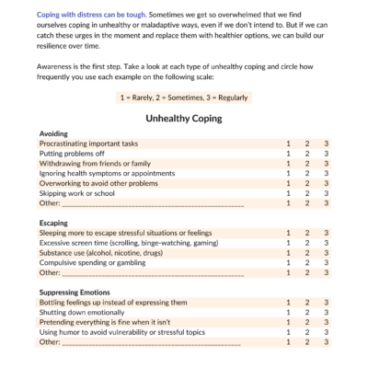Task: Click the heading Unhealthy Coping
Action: pos(184,119)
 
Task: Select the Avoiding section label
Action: pos(54,133)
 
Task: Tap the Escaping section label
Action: pos(54,223)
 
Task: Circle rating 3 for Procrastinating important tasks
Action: pos(327,144)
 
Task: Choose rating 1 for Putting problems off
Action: pos(288,154)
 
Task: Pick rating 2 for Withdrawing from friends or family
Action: pos(307,163)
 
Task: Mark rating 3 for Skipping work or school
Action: pos(327,193)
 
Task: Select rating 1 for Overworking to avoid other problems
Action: pos(288,183)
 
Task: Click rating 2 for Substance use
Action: pos(307,252)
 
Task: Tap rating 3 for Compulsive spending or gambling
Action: pos(327,262)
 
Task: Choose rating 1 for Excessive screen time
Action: pos(288,243)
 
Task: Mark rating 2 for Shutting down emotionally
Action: pos(307,312)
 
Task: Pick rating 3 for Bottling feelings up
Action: pos(327,302)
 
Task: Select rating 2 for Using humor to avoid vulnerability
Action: pos(307,332)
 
